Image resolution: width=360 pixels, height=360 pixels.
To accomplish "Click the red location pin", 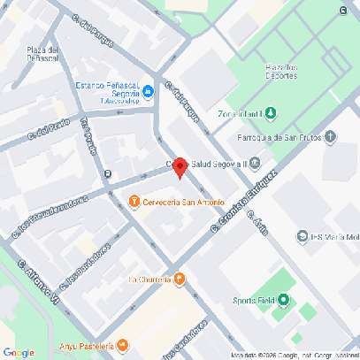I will coord(180,167).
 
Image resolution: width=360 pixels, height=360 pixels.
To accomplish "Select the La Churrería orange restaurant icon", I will coord(180,280).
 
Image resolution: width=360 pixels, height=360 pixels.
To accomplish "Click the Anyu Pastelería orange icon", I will coord(123,346).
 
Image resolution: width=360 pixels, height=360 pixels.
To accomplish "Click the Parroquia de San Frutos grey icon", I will coord(331,136).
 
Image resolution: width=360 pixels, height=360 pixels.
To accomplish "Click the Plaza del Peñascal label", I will coord(43,54).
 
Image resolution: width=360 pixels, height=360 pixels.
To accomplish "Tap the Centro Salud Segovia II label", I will coord(209,163).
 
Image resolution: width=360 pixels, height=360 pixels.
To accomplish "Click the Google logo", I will coord(19,352).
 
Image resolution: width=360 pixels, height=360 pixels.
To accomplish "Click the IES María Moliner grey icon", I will coord(302,236).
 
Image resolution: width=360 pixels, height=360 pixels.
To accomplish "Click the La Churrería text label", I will coord(149,280).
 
